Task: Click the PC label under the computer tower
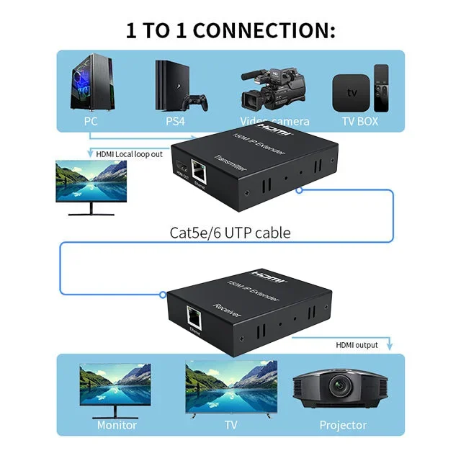pyautogui.click(x=90, y=121)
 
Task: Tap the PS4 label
pyautogui.click(x=175, y=121)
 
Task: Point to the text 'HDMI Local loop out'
pyautogui.click(x=130, y=153)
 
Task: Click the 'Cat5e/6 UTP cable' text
pyautogui.click(x=230, y=233)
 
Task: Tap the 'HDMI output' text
pyautogui.click(x=357, y=345)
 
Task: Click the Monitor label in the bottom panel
pyautogui.click(x=117, y=425)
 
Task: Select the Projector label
pyautogui.click(x=343, y=425)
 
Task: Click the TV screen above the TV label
pyautogui.click(x=230, y=385)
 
